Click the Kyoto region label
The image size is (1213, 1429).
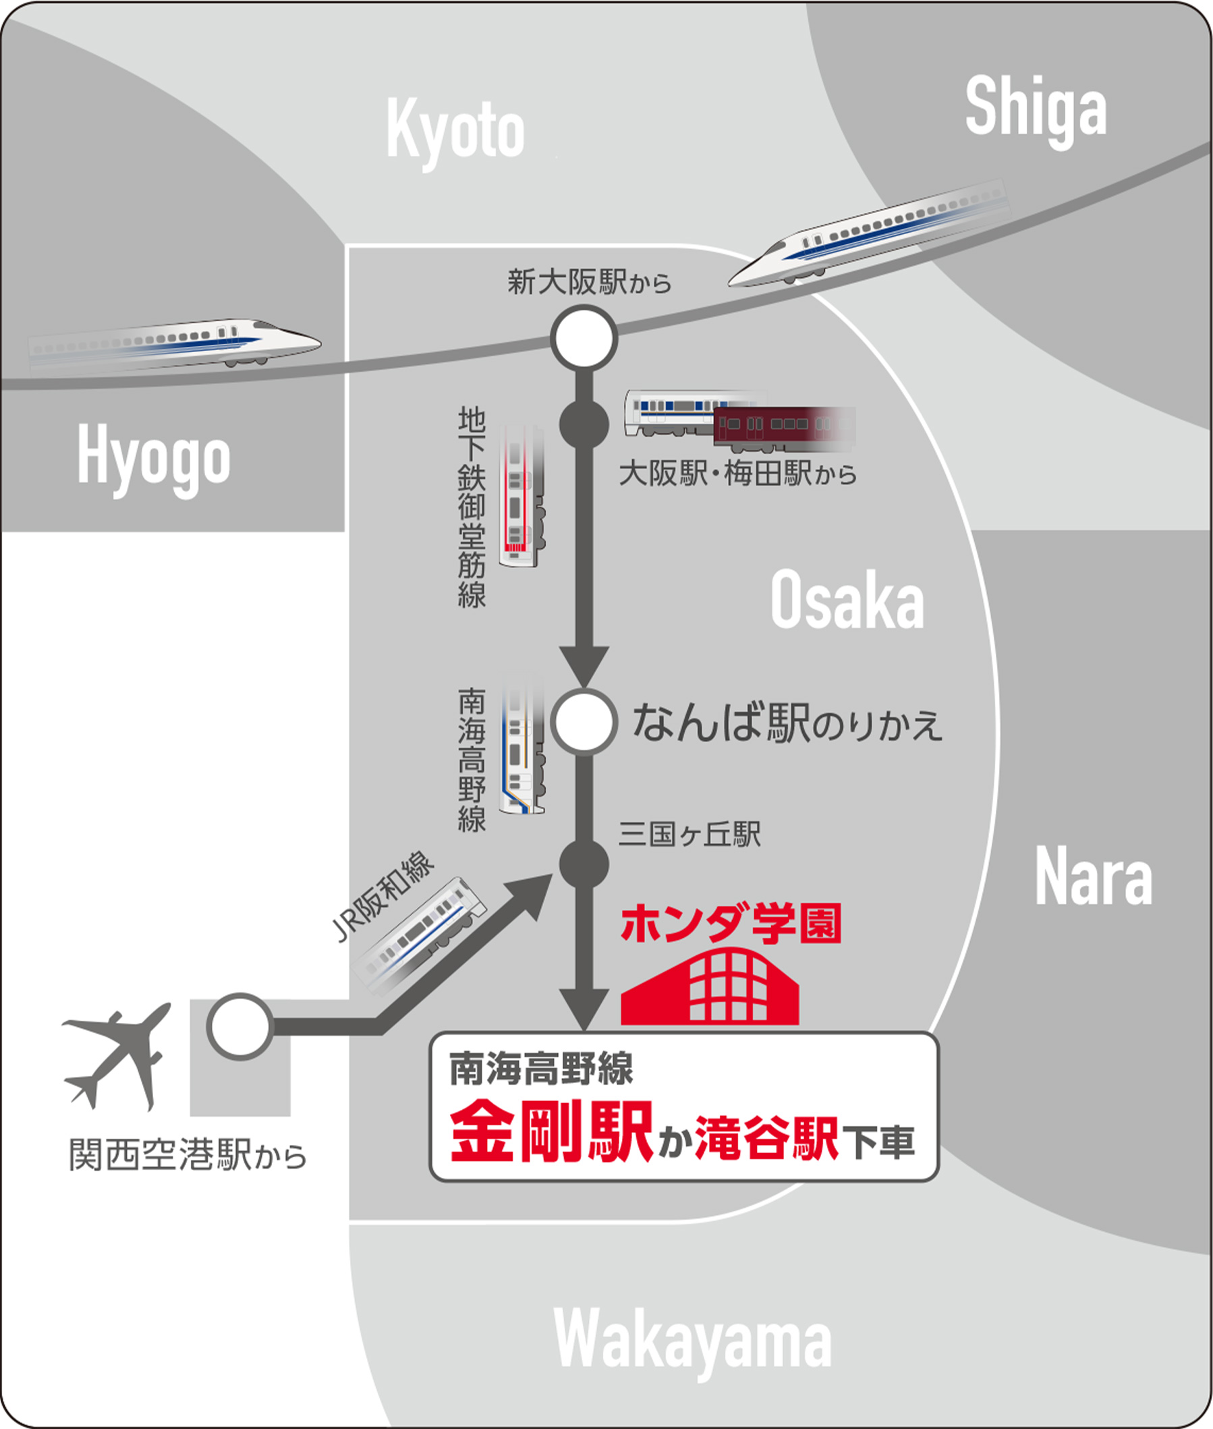click(x=455, y=132)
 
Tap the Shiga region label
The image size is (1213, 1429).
click(x=1036, y=110)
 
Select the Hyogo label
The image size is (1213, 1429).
click(x=153, y=457)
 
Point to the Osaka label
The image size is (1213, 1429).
click(x=847, y=600)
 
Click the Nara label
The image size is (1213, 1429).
click(x=1093, y=877)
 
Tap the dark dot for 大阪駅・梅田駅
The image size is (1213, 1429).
click(x=584, y=424)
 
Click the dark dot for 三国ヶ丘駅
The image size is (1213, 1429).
click(x=584, y=864)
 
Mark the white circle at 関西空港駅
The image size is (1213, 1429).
click(x=240, y=1027)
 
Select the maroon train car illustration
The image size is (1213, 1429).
click(x=783, y=427)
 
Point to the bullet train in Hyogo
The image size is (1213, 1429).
click(x=175, y=343)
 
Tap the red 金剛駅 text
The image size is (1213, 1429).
click(x=551, y=1132)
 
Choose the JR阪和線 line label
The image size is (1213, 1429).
click(x=383, y=895)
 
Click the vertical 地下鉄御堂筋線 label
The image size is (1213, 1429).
click(x=472, y=507)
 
